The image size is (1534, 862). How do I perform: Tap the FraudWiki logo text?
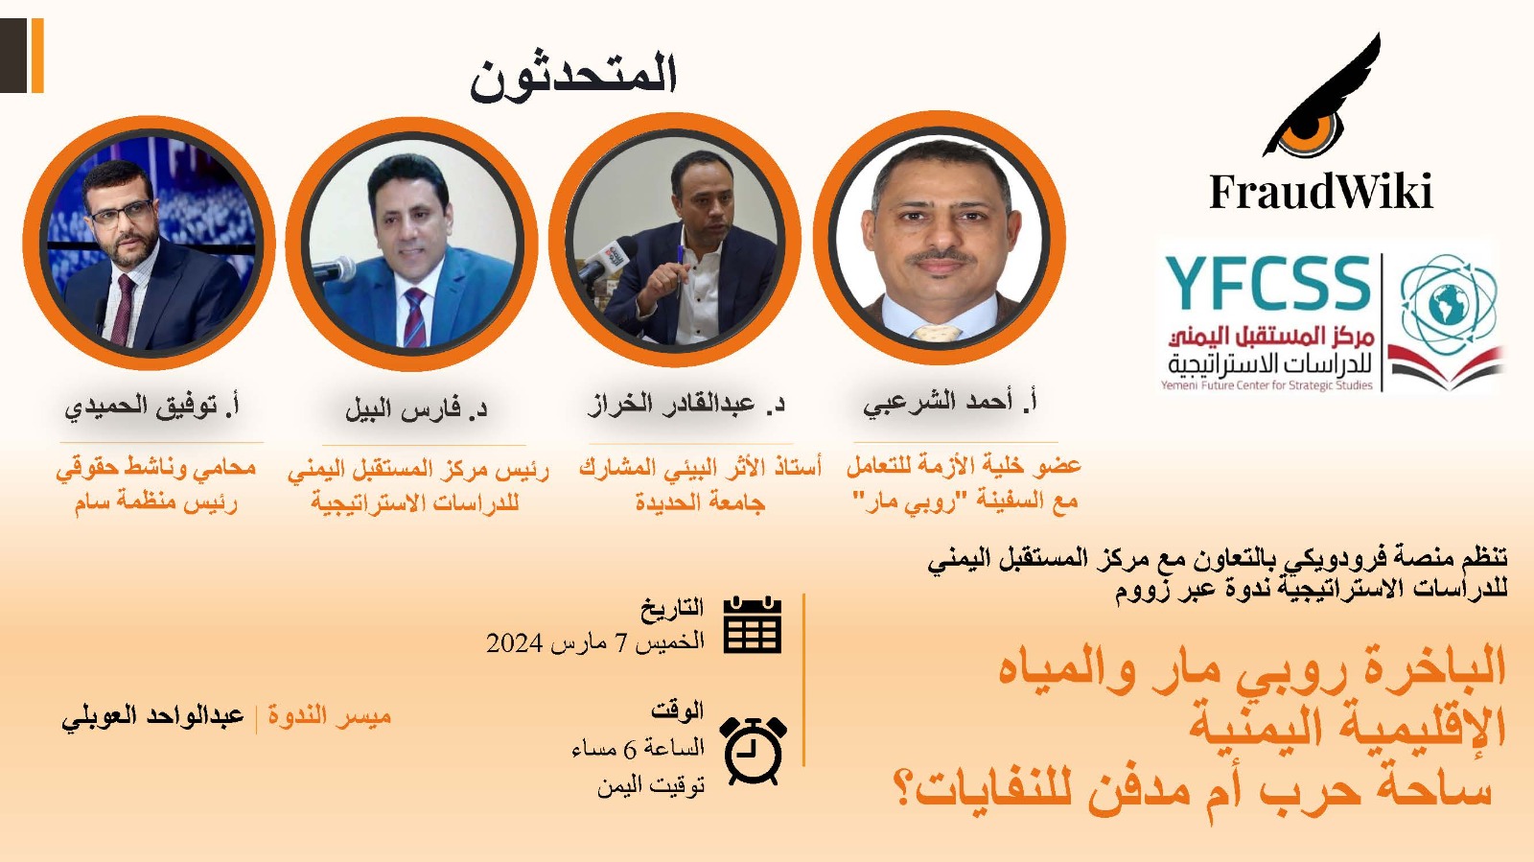pyautogui.click(x=1321, y=191)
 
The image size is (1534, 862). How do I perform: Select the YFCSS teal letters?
pyautogui.click(x=1267, y=283)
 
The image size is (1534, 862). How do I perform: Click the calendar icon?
pyautogui.click(x=753, y=624)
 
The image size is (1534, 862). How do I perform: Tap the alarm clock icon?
pyautogui.click(x=753, y=750)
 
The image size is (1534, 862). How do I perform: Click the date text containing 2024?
pyautogui.click(x=595, y=642)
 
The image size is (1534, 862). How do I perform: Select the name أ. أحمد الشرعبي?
pyautogui.click(x=949, y=403)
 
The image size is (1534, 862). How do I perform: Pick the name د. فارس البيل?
pyautogui.click(x=416, y=408)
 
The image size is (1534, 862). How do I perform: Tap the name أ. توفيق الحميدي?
pyautogui.click(x=152, y=407)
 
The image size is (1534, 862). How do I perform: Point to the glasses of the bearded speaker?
pyautogui.click(x=121, y=215)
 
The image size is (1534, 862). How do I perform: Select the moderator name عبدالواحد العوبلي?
pyautogui.click(x=152, y=717)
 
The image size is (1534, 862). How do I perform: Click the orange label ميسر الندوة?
pyautogui.click(x=330, y=715)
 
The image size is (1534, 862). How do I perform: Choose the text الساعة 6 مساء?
pyautogui.click(x=639, y=748)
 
